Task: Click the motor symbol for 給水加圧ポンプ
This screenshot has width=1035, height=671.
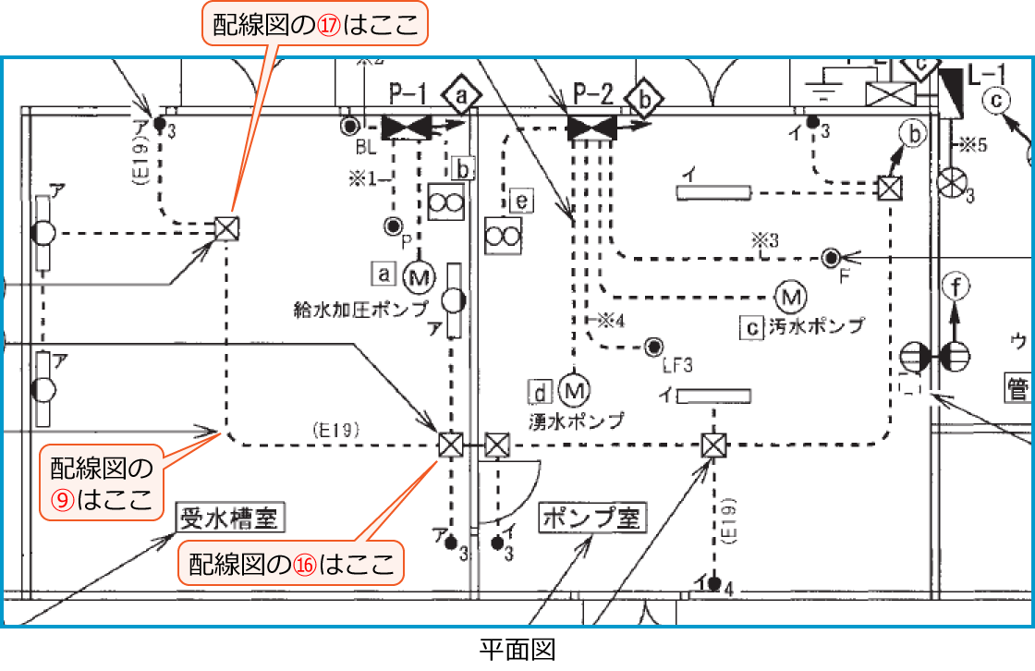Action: (420, 275)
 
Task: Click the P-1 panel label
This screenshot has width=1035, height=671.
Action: (407, 92)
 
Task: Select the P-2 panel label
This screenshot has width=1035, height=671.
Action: (592, 92)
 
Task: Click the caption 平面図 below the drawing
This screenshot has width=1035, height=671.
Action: (517, 651)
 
